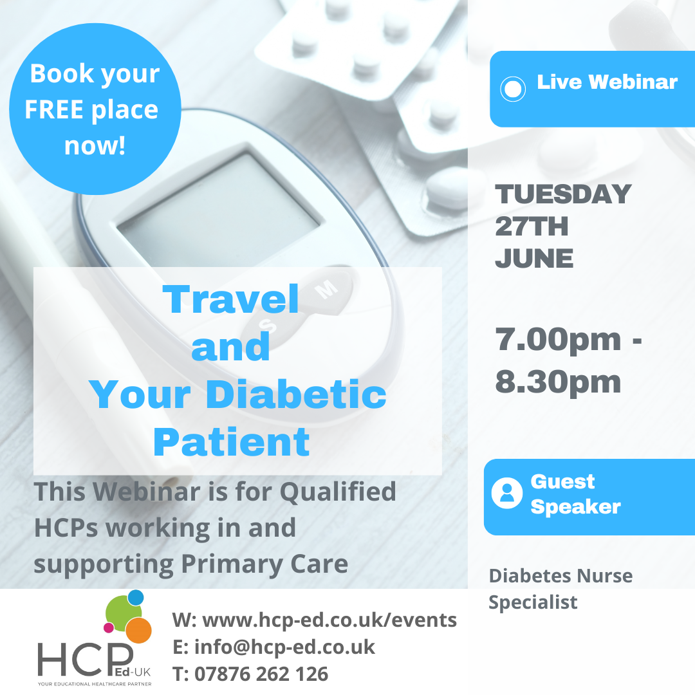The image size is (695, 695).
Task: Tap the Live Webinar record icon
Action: [x=513, y=89]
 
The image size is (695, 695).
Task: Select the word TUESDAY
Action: [x=563, y=194]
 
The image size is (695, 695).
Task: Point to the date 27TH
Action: [x=532, y=227]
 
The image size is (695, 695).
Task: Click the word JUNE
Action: [x=534, y=259]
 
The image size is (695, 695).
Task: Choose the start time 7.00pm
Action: [x=558, y=340]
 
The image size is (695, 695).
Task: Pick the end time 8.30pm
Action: [x=558, y=382]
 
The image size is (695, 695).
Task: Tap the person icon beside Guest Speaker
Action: [x=507, y=493]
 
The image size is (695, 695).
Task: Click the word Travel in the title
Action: [x=230, y=299]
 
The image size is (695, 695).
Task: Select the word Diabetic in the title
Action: [x=296, y=394]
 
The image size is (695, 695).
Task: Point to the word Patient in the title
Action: [x=232, y=442]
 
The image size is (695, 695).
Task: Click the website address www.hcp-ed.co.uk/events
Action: [x=329, y=620]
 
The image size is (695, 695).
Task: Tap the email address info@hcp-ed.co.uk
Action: [x=284, y=647]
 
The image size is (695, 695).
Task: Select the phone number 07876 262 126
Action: [x=261, y=674]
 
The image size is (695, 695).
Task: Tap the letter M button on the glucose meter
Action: [x=327, y=290]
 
